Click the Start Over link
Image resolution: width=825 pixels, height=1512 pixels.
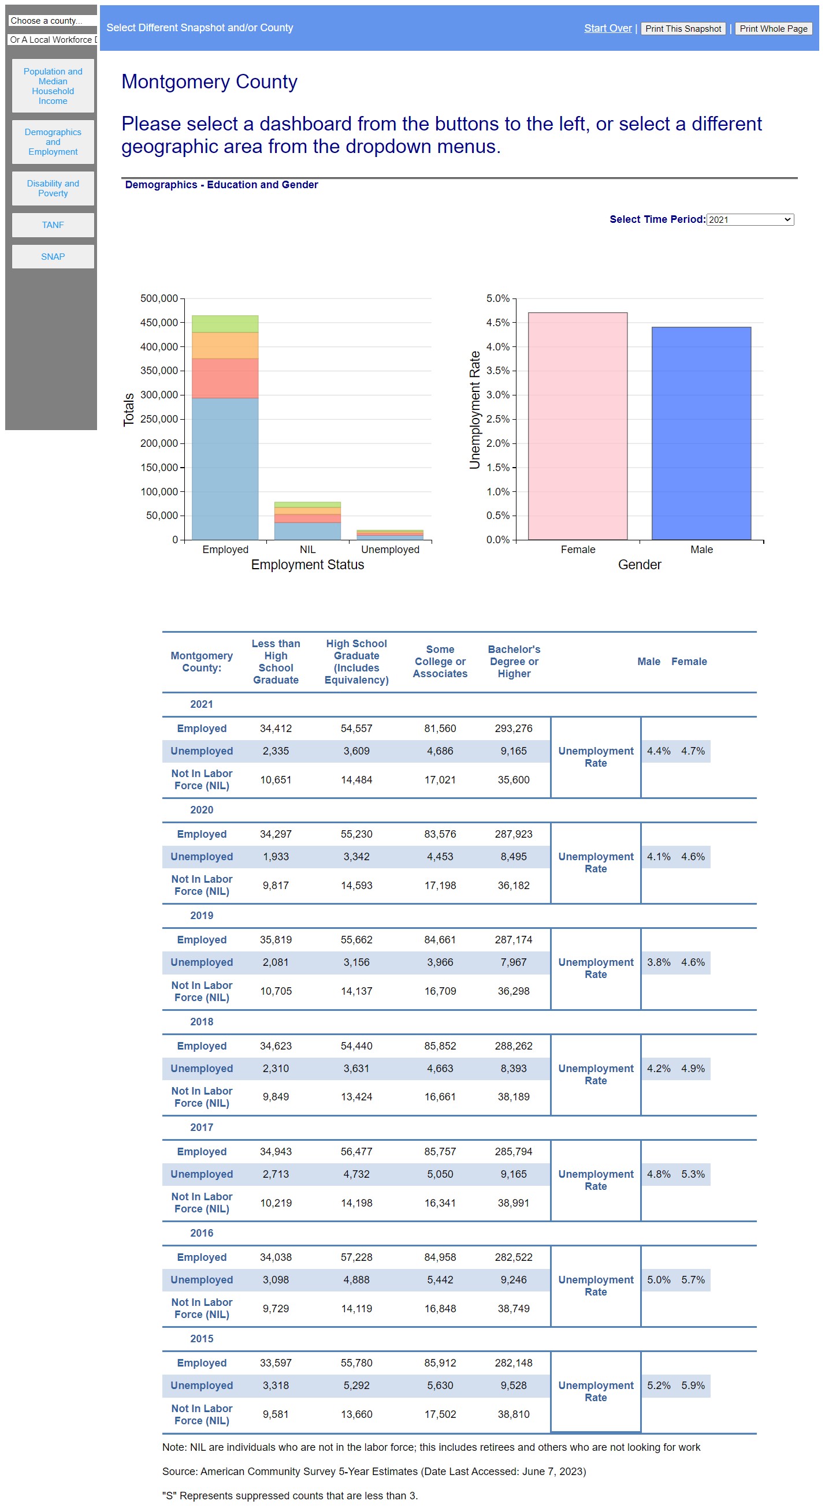tap(607, 28)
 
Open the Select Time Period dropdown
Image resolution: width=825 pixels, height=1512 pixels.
tap(749, 219)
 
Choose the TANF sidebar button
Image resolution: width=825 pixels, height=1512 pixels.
tap(53, 225)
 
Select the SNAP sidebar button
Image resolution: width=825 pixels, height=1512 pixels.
tap(53, 256)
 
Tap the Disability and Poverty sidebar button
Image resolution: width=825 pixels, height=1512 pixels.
tap(53, 188)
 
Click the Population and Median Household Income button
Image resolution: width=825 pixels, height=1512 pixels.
tap(53, 85)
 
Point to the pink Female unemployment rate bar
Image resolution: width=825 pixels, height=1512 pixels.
tap(577, 426)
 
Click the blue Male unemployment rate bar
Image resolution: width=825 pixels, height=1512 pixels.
tap(701, 433)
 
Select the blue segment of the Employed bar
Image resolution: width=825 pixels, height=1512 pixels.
tap(225, 468)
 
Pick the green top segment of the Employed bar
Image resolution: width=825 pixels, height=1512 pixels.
tap(225, 324)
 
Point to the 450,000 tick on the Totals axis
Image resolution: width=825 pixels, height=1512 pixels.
tap(159, 322)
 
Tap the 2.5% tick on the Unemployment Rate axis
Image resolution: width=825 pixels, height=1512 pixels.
tap(498, 419)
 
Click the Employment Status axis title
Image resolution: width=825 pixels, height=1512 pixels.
tap(307, 565)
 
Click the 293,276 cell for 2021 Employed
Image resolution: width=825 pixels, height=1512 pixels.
tap(513, 729)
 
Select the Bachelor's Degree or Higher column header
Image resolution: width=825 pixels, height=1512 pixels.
tap(514, 662)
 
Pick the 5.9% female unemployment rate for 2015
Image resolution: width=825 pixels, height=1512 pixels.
tap(693, 1385)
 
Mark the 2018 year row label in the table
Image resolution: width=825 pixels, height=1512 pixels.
tap(202, 1021)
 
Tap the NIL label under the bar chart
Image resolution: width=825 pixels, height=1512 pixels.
tap(307, 550)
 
